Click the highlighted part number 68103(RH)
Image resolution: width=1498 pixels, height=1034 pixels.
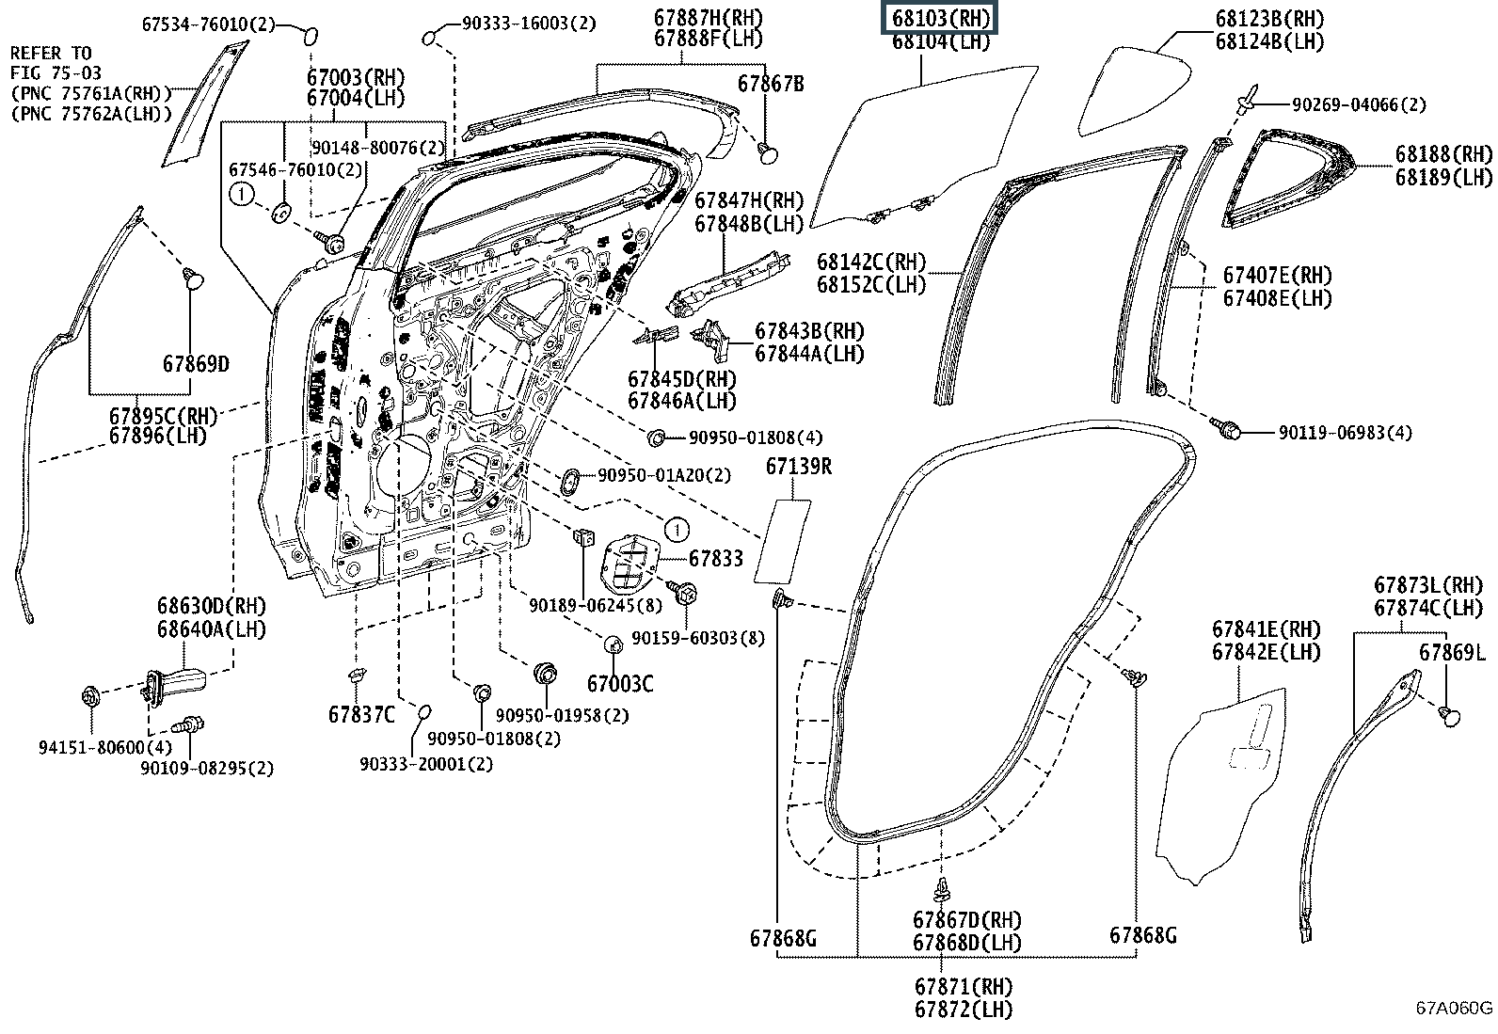tap(937, 18)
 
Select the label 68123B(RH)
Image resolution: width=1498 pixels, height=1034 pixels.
tap(1268, 19)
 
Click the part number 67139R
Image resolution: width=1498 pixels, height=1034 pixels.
tap(798, 467)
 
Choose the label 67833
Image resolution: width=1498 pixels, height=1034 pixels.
tap(715, 558)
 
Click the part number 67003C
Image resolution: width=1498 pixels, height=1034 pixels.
tap(620, 684)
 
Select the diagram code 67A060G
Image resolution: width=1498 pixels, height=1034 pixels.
tap(1455, 1009)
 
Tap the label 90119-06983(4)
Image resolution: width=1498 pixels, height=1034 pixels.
tap(1345, 433)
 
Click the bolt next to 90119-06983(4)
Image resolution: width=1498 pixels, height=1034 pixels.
tap(1229, 429)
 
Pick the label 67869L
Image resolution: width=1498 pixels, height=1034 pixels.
tap(1453, 652)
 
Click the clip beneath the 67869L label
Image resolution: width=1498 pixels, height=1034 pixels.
tap(1451, 716)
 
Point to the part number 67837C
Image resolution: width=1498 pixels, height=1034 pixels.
tap(362, 714)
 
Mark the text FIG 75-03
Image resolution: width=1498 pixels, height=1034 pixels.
tap(56, 72)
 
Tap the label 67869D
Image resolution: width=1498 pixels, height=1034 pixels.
tap(195, 364)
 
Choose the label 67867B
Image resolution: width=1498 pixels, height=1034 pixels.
tap(771, 84)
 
